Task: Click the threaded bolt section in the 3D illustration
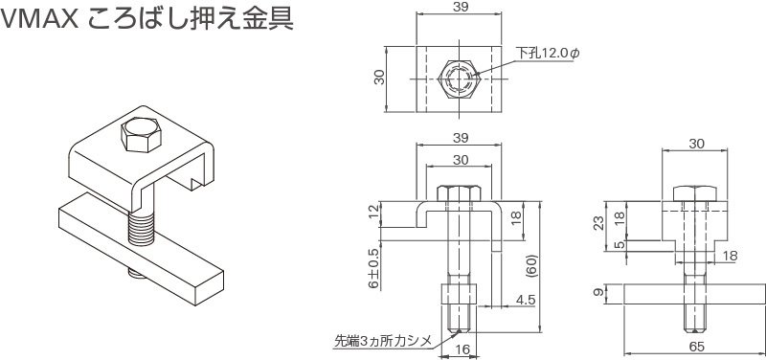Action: (x=142, y=229)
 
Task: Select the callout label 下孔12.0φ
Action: (x=548, y=54)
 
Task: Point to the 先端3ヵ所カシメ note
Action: (x=384, y=340)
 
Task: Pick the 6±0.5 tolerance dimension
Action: (x=373, y=268)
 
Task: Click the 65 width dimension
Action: (x=697, y=347)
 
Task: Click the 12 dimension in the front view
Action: (x=373, y=213)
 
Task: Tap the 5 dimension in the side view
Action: (x=620, y=245)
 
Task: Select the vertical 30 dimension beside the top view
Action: (x=379, y=78)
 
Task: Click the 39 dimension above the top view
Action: (x=460, y=7)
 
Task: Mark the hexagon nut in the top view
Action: (x=460, y=79)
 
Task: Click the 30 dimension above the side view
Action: (x=696, y=144)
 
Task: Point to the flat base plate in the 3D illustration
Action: (x=141, y=249)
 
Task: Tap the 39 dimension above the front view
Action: (x=460, y=138)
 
